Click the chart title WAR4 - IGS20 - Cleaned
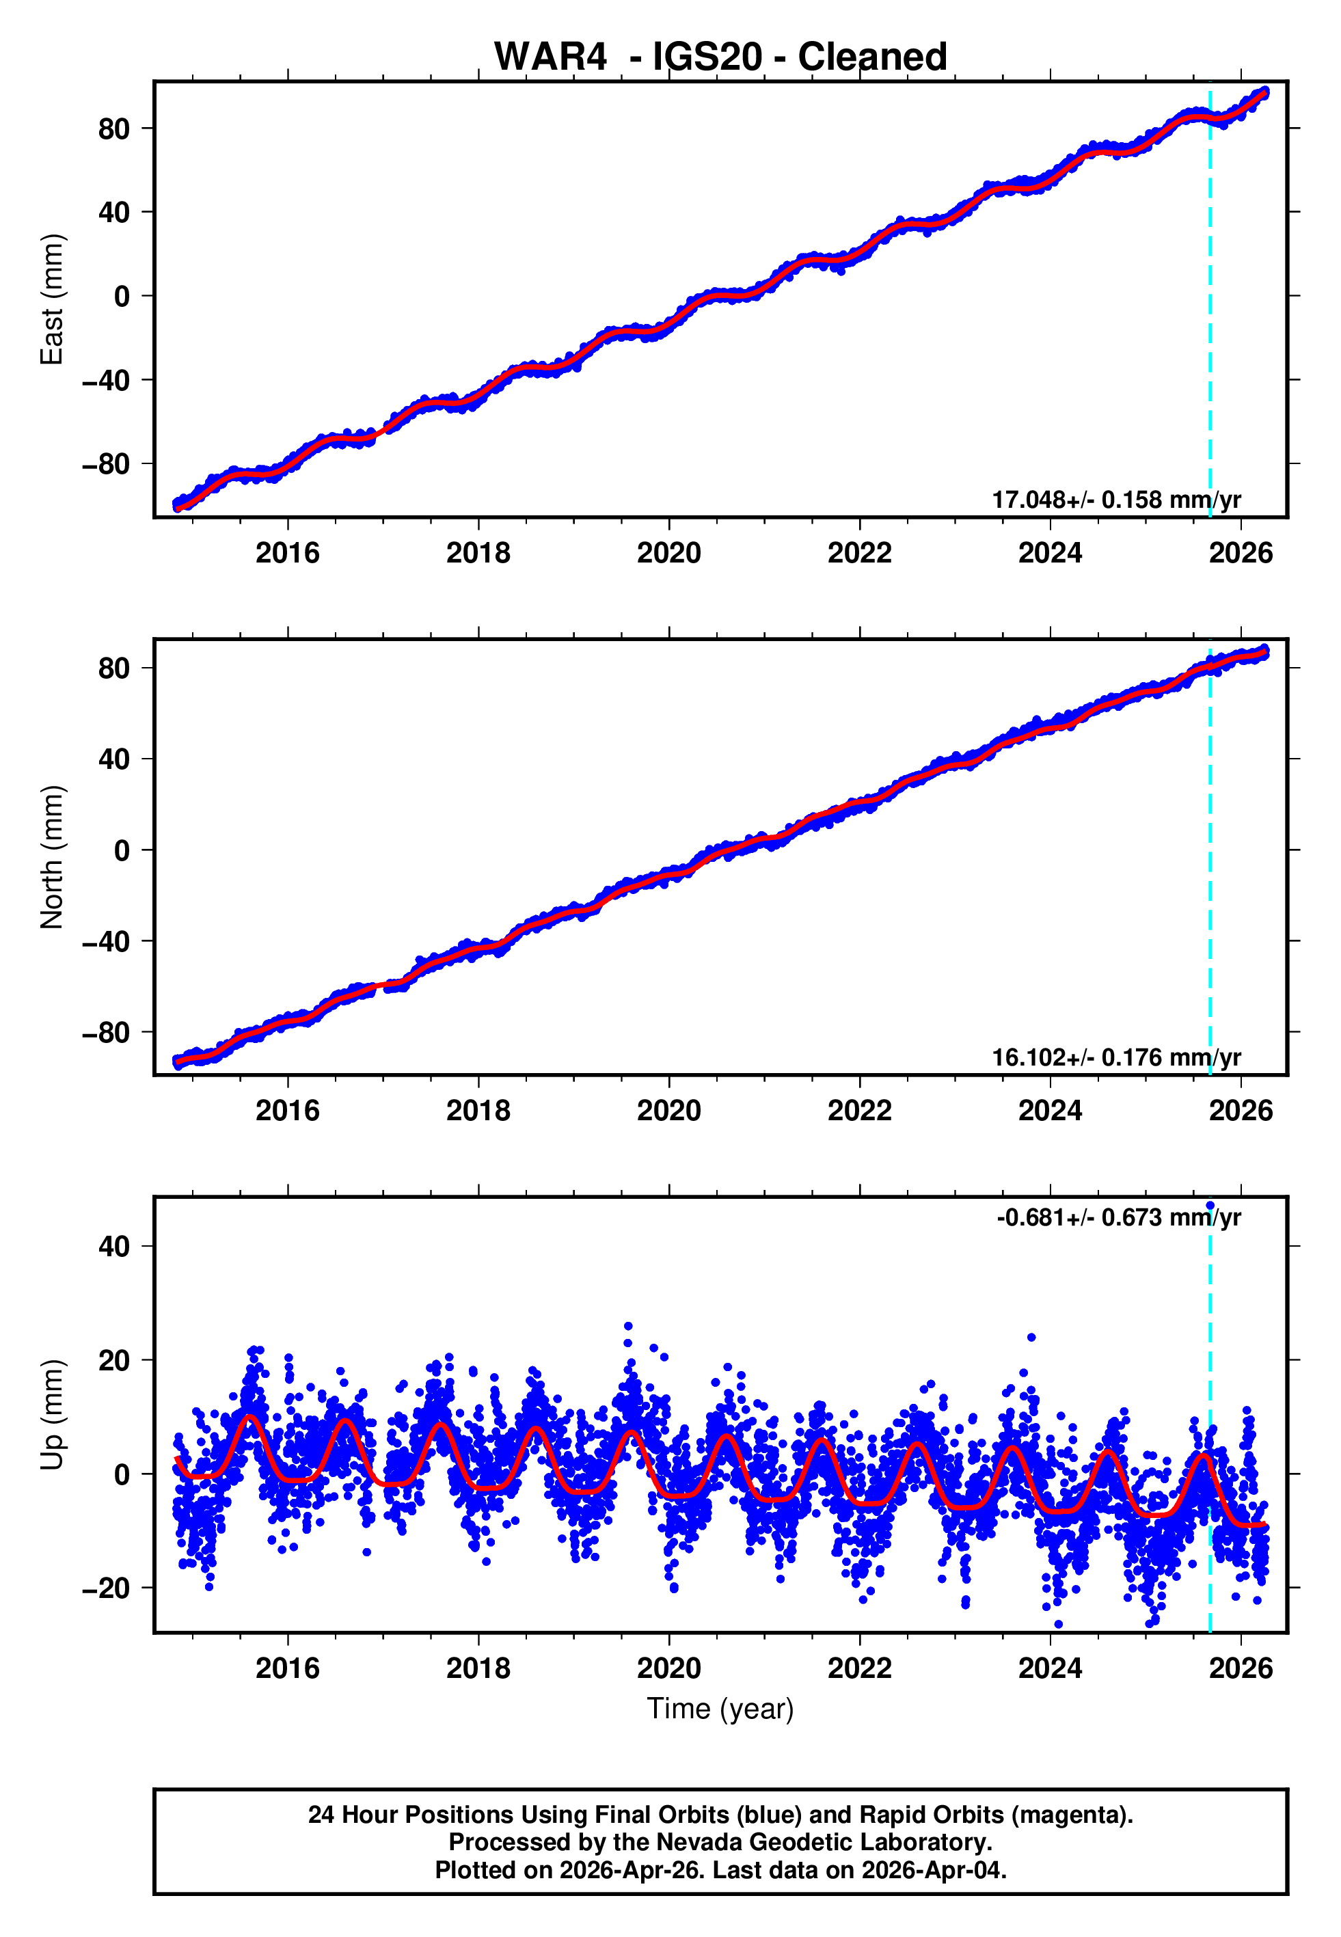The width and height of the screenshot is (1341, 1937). tap(720, 57)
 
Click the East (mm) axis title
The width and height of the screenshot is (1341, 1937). tap(52, 299)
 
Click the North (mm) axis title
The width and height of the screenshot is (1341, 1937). tap(52, 857)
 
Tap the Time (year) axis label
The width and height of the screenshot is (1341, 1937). tap(720, 1709)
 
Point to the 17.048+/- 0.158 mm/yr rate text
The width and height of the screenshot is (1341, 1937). tap(1116, 500)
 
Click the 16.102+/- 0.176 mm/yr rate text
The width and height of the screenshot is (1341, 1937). tap(1116, 1057)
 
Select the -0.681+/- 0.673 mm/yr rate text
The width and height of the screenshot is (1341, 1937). tap(1118, 1218)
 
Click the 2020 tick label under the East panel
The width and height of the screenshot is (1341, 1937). tap(669, 554)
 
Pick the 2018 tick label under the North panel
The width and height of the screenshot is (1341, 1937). tap(478, 1111)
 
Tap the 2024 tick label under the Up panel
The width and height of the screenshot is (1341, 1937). tap(1051, 1668)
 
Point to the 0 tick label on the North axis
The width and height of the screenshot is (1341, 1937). tap(122, 851)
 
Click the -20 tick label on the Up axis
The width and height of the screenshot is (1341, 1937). tap(106, 1588)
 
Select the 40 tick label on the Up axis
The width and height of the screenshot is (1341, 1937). tap(114, 1247)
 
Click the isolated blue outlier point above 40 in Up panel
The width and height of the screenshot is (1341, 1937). tap(1210, 1206)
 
